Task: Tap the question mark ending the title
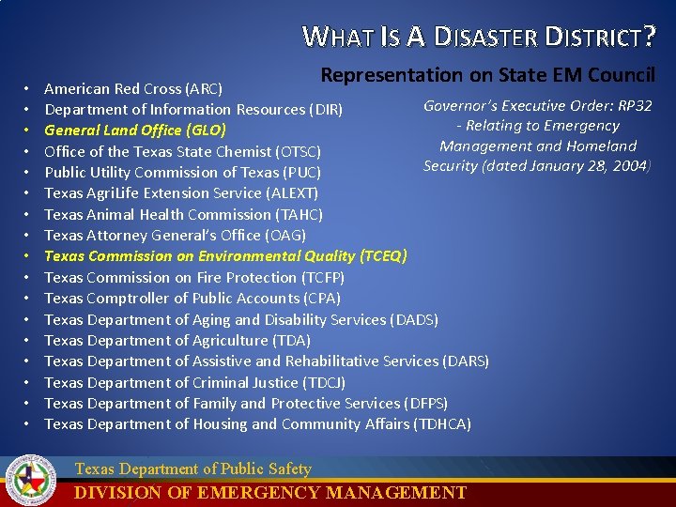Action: point(649,37)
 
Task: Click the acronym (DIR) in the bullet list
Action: point(326,110)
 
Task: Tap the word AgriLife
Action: point(117,193)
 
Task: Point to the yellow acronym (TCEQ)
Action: point(383,256)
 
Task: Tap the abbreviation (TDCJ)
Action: point(324,382)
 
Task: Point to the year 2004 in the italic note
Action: point(628,166)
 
